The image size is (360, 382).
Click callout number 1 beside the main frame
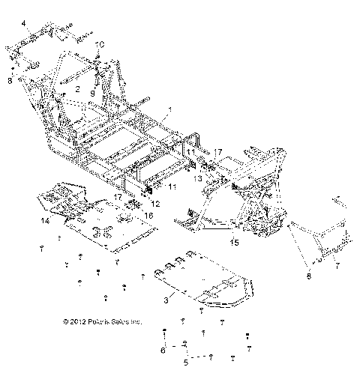coord(171,110)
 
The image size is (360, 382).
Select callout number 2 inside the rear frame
coord(77,88)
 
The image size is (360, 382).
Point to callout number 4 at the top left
coord(23,24)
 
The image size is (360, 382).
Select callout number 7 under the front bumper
coord(337,266)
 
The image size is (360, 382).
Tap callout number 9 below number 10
coord(92,92)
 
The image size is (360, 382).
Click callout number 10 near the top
coord(101,44)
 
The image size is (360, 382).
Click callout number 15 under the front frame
coord(233,242)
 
